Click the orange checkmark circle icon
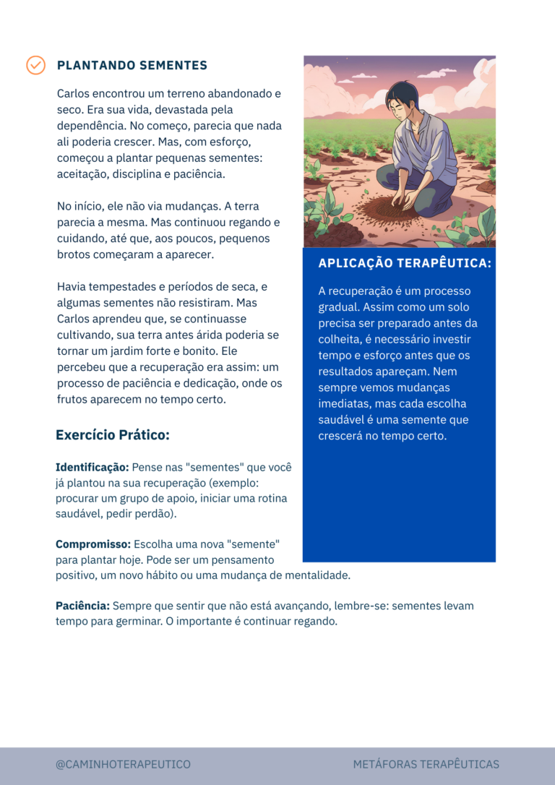[x=35, y=65]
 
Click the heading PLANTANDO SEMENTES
[x=132, y=66]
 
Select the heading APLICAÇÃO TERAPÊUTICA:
[x=405, y=264]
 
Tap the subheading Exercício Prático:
[x=113, y=435]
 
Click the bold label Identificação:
[x=92, y=468]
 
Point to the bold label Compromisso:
[x=93, y=544]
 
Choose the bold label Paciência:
[x=82, y=606]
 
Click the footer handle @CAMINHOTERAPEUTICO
[x=123, y=764]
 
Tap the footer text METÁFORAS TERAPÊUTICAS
[x=426, y=764]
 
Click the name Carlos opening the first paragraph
[x=74, y=94]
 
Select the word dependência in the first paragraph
[x=90, y=126]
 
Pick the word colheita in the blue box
[x=342, y=340]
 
